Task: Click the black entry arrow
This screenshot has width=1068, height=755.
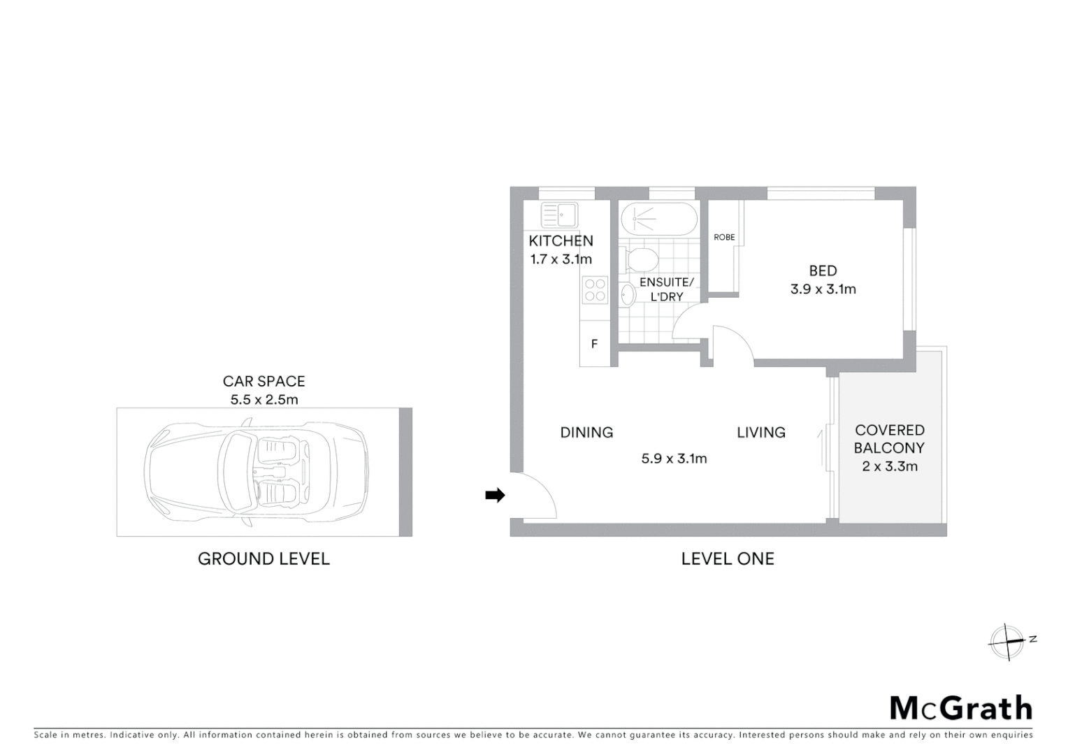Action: pos(495,495)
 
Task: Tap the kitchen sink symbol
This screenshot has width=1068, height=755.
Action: pos(558,215)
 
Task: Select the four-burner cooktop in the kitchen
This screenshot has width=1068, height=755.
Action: pos(595,290)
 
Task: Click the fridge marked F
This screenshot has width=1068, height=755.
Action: pos(594,344)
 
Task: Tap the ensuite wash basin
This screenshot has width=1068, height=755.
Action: pos(627,296)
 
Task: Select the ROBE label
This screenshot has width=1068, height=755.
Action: pos(724,238)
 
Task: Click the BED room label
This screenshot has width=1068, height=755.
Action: pos(823,271)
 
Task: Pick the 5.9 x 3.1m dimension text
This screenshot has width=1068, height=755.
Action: pos(674,459)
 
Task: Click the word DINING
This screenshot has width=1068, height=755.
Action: pos(586,433)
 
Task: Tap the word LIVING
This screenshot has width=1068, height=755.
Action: pos(760,433)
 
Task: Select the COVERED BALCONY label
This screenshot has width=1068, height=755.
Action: pos(889,439)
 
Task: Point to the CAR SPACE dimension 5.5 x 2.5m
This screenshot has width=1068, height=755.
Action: pos(264,400)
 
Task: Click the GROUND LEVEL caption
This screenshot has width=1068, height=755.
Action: pos(264,559)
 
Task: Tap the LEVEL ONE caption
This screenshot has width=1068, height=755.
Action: pos(728,559)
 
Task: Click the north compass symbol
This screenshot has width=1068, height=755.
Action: pos(1007,641)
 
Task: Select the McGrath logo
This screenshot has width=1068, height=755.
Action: pos(960,707)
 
